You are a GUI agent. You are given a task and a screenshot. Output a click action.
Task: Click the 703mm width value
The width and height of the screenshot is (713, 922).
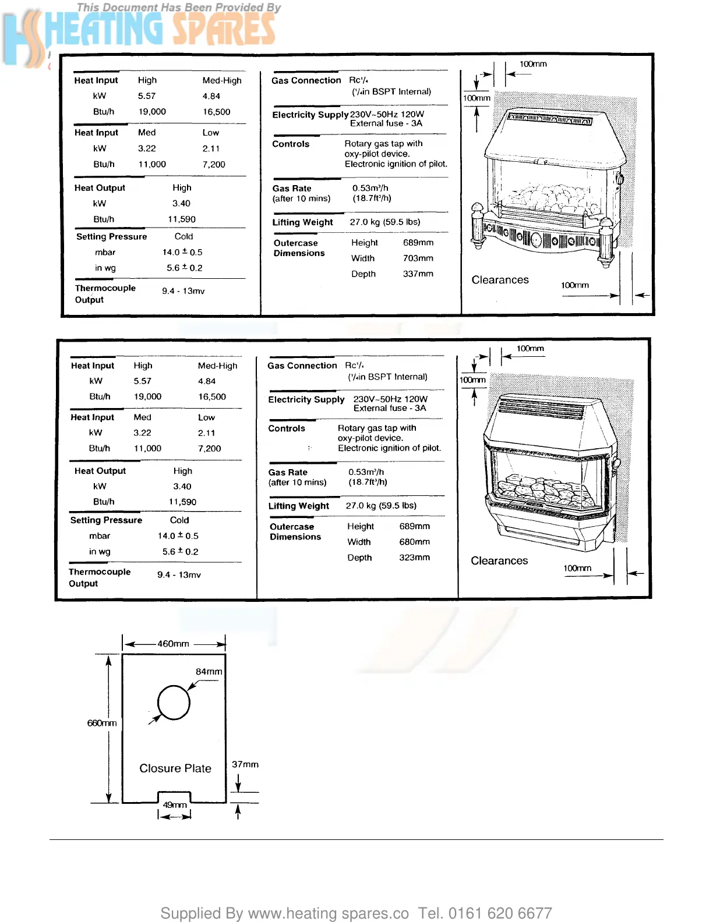[418, 258]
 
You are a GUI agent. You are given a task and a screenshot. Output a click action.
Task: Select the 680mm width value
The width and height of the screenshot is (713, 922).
[414, 542]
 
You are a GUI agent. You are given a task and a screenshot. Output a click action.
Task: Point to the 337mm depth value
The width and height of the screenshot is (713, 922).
[418, 274]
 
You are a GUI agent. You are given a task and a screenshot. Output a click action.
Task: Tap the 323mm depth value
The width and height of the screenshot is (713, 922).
[414, 557]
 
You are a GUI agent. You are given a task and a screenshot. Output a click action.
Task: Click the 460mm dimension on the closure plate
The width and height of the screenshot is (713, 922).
[173, 644]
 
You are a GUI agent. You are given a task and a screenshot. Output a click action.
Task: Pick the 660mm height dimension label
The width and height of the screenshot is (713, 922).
[102, 723]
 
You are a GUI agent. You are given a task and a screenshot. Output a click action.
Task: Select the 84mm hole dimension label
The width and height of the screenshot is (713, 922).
[209, 672]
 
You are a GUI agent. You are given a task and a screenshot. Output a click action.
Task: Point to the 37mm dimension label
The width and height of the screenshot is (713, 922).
[245, 764]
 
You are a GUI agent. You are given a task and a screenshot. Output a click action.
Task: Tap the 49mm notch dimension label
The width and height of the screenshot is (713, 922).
[175, 805]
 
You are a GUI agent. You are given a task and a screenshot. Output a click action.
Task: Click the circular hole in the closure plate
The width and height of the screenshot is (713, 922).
[174, 703]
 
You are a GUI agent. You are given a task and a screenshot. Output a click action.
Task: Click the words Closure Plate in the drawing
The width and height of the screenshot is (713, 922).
[175, 768]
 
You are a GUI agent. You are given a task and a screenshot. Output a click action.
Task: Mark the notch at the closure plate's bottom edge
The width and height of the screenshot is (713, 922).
[174, 796]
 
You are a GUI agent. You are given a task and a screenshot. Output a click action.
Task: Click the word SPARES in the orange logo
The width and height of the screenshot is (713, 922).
[224, 29]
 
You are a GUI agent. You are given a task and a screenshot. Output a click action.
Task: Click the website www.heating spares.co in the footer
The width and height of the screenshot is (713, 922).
[329, 913]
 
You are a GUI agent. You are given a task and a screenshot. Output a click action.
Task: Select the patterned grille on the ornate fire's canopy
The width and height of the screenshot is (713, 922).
[550, 119]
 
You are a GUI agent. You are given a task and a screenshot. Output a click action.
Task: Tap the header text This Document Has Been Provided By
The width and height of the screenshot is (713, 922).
[179, 8]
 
